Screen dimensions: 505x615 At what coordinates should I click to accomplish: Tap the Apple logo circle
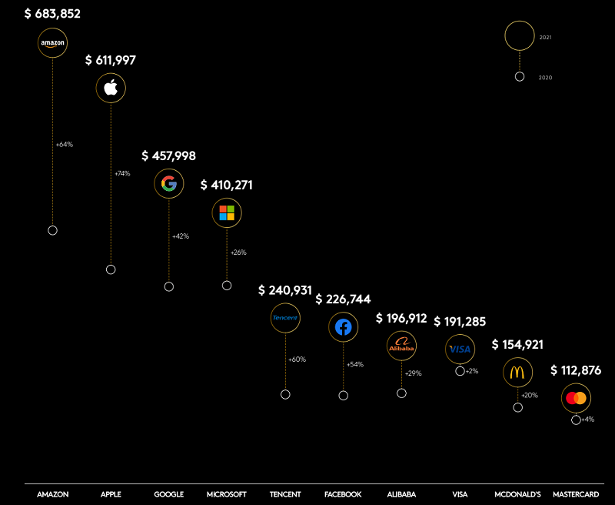111,88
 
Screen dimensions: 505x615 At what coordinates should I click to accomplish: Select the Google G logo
169,183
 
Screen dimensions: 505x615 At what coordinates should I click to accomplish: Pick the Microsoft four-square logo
227,212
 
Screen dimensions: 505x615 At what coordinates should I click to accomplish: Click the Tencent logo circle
285,317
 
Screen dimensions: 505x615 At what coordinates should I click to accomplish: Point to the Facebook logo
343,327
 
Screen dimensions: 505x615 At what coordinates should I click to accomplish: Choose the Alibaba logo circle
401,346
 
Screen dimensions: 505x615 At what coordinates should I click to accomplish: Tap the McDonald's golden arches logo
517,373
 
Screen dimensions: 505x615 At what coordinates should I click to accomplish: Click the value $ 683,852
52,14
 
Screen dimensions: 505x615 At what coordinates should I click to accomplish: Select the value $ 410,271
227,185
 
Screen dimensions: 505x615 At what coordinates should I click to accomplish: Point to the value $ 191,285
460,321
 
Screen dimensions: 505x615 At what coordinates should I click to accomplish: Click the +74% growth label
122,174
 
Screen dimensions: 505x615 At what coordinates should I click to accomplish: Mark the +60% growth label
297,360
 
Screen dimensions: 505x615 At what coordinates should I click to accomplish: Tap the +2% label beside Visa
471,371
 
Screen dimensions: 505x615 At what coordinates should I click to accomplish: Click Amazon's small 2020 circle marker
52,230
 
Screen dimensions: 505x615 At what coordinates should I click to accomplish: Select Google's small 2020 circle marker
169,286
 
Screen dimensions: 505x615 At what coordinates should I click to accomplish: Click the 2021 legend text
546,37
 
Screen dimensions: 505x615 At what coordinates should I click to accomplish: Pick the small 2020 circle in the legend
520,76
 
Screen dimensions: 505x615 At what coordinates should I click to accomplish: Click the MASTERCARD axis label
576,494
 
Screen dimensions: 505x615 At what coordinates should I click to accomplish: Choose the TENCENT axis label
285,494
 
